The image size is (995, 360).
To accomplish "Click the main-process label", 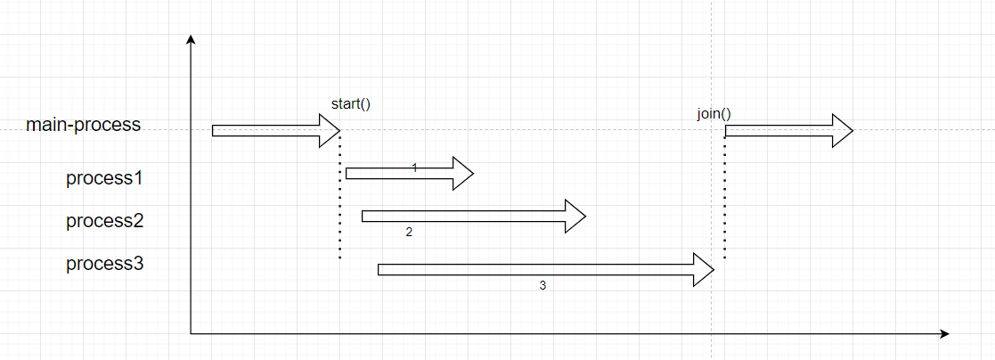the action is (x=84, y=124).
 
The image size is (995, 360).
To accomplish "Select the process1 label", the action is (x=105, y=178).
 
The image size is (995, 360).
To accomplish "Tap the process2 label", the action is (x=105, y=221).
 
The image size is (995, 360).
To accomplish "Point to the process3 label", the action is (x=105, y=264).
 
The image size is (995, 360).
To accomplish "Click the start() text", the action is (x=350, y=103).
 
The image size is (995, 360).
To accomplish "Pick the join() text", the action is (x=714, y=114).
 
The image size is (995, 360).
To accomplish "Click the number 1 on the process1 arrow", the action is (x=414, y=168).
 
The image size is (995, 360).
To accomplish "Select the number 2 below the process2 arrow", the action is (x=409, y=233).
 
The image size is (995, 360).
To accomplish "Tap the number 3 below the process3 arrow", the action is (x=542, y=286).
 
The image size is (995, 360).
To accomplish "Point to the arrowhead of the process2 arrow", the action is (x=575, y=216).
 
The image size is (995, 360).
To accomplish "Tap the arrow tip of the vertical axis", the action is (x=190, y=38).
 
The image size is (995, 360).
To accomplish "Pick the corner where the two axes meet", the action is (x=191, y=333).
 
